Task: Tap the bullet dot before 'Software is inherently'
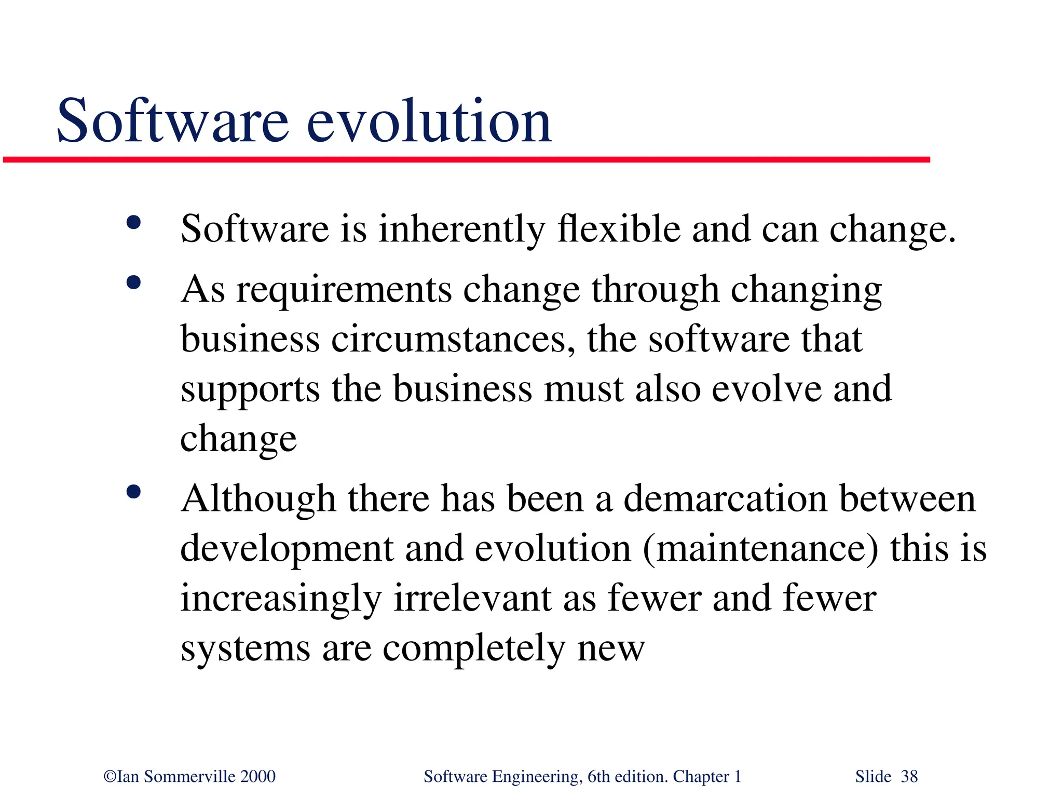(133, 223)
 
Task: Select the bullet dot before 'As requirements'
(133, 283)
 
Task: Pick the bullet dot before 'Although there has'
(133, 492)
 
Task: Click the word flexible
(618, 229)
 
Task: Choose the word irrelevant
(472, 599)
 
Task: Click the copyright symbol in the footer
(110, 777)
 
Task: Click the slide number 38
(909, 777)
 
